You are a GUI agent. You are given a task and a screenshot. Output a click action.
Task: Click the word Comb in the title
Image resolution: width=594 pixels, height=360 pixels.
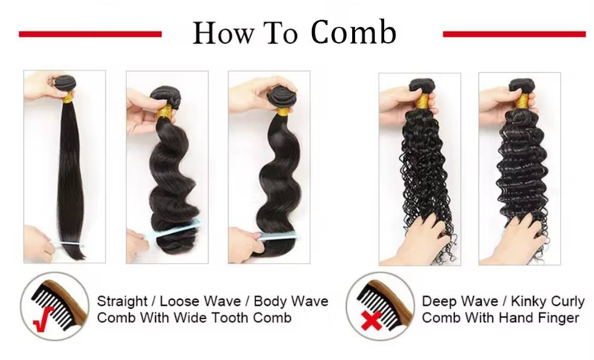pyautogui.click(x=353, y=33)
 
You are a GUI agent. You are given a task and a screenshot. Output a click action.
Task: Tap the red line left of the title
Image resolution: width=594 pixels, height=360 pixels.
pyautogui.click(x=90, y=34)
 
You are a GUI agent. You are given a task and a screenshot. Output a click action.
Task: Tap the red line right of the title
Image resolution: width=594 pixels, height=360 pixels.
pyautogui.click(x=514, y=34)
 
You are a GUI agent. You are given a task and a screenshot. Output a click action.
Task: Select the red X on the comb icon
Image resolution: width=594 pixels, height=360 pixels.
pyautogui.click(x=371, y=320)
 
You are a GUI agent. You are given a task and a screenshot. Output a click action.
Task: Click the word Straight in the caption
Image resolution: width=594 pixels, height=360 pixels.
pyautogui.click(x=122, y=301)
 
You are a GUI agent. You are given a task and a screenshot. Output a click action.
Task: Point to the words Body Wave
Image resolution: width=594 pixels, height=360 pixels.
pyautogui.click(x=291, y=301)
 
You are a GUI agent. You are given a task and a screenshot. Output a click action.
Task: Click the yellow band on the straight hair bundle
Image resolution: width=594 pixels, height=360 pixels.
pyautogui.click(x=68, y=98)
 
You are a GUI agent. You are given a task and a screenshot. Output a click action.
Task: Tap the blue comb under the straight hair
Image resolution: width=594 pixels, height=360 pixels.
pyautogui.click(x=68, y=245)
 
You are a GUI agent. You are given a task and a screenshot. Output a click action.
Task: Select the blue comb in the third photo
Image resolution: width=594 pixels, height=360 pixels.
pyautogui.click(x=278, y=236)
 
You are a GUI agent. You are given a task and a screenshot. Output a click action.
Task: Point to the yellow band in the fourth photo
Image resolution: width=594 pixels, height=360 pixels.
pyautogui.click(x=422, y=100)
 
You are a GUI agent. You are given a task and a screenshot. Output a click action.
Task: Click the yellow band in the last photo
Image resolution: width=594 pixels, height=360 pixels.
pyautogui.click(x=523, y=100)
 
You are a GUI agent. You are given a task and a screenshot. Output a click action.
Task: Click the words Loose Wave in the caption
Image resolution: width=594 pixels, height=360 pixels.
pyautogui.click(x=200, y=301)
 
